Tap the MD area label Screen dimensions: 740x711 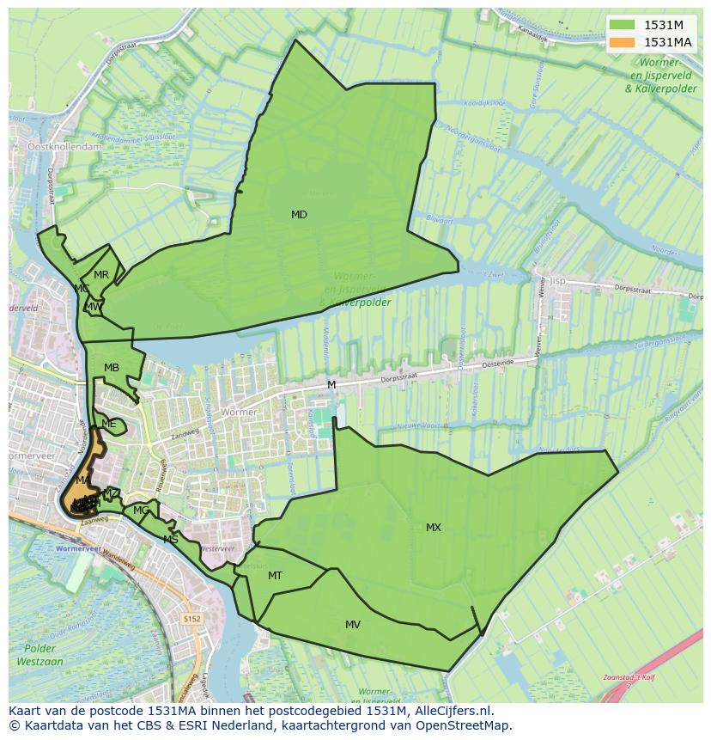(299, 215)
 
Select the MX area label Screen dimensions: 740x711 (434, 528)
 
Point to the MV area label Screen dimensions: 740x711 (353, 625)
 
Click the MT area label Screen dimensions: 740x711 (275, 576)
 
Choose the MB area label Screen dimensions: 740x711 (112, 368)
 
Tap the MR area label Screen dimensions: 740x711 (101, 275)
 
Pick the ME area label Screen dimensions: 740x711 (108, 424)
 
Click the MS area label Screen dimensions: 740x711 (171, 540)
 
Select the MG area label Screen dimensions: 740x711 (141, 511)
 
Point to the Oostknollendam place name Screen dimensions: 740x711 (64, 147)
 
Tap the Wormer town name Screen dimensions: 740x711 (239, 413)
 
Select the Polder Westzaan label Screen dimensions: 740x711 (40, 655)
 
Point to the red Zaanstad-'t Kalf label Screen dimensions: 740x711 (630, 677)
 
